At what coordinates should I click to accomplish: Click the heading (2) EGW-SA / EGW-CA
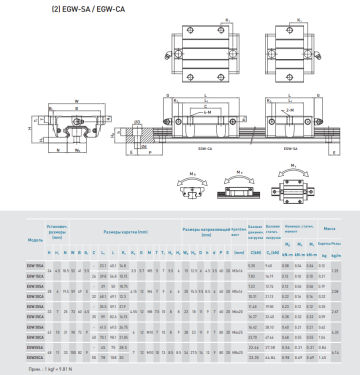tap(41, 10)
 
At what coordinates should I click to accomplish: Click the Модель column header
tap(34, 241)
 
